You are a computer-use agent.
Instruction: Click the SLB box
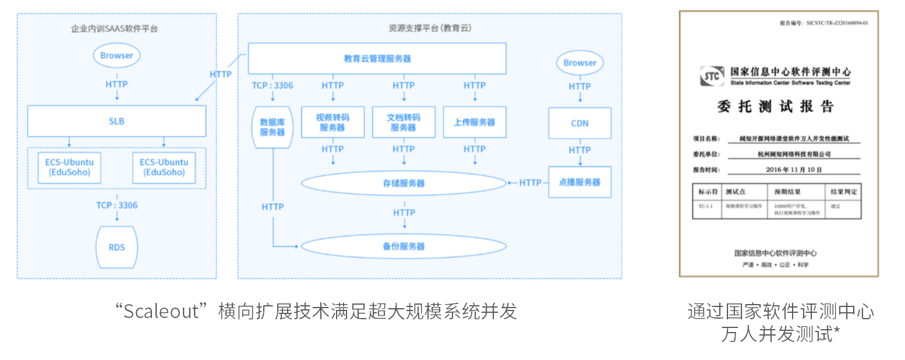point(116,121)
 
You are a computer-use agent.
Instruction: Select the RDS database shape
point(116,247)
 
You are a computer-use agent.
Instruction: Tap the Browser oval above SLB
point(116,56)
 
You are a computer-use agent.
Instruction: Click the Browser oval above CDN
point(579,63)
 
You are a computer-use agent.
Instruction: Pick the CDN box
point(579,123)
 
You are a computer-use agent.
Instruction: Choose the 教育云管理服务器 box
point(377,58)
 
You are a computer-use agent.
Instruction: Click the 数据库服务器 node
point(272,127)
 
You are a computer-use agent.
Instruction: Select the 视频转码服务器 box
point(333,122)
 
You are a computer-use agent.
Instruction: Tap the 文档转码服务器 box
point(404,122)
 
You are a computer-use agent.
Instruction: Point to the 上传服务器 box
point(475,122)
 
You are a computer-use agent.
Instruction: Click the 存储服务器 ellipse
point(404,183)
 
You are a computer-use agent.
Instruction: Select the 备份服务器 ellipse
point(404,246)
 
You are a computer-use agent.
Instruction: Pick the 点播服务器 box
point(579,182)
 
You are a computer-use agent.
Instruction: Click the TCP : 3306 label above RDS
point(116,205)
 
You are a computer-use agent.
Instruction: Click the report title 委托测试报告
point(778,107)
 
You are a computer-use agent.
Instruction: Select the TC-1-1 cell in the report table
point(706,206)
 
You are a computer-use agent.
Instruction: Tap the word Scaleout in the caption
point(162,311)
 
